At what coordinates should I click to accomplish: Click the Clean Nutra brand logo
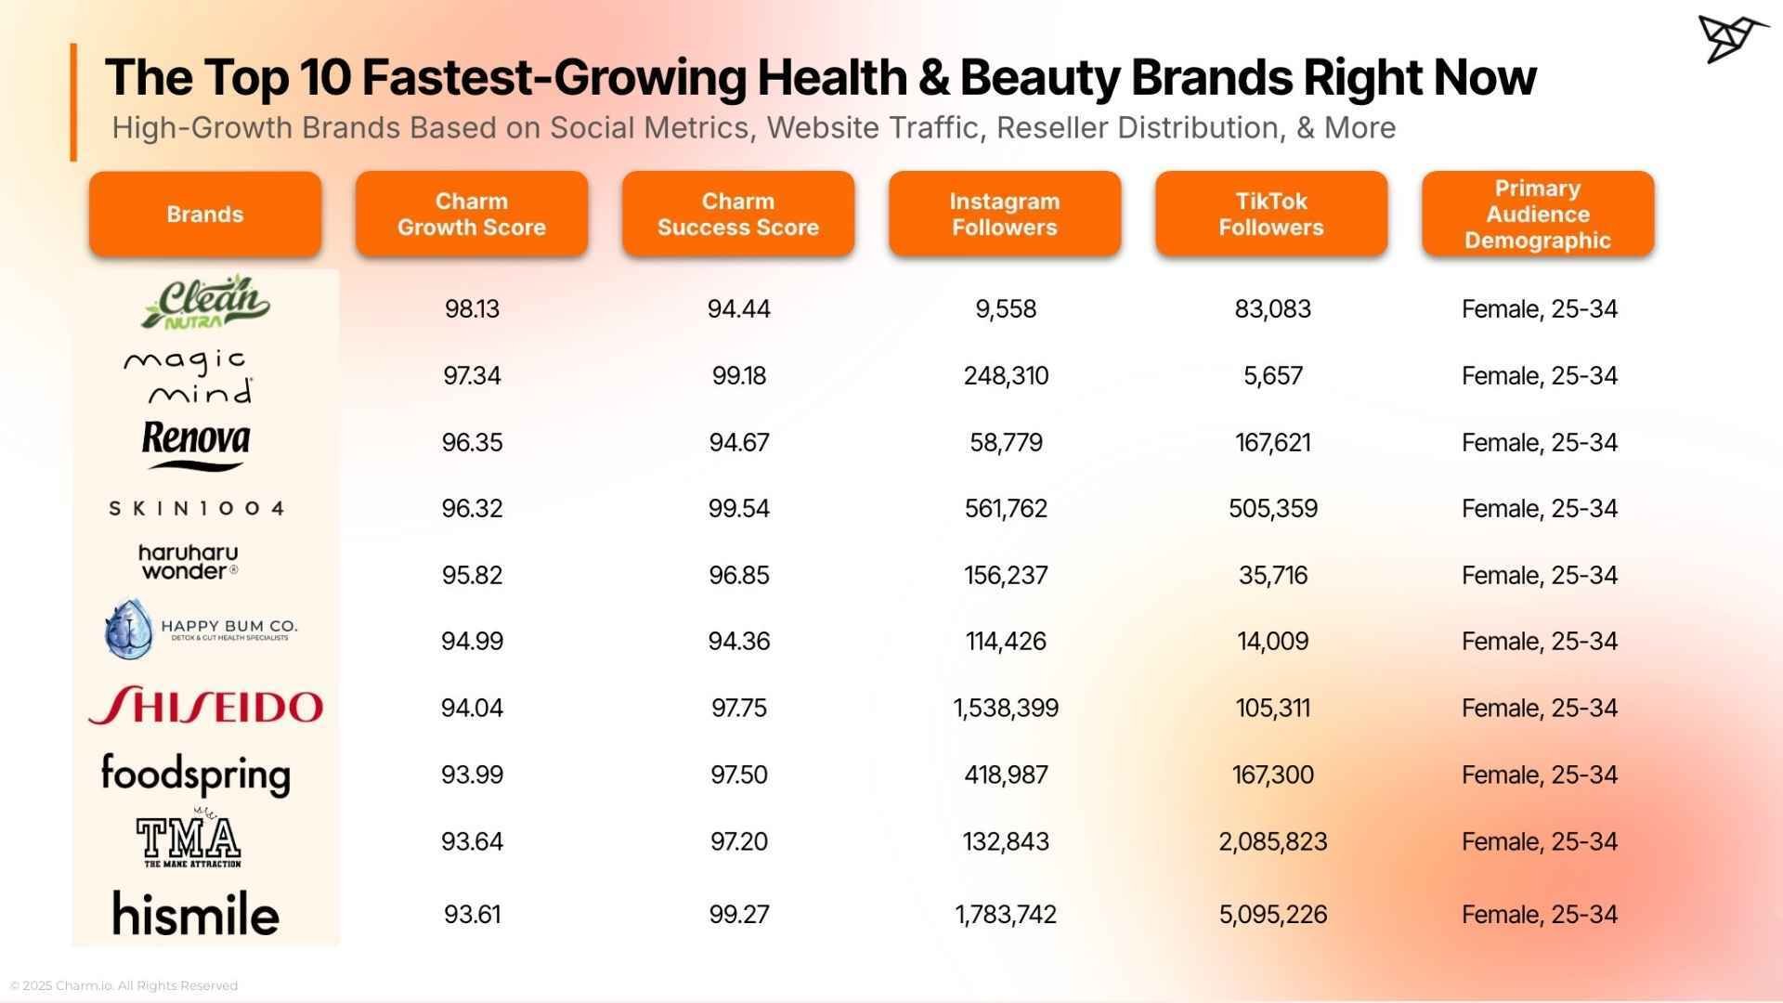point(205,303)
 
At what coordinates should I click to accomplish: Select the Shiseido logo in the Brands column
point(205,707)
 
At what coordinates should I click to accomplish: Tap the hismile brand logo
point(196,913)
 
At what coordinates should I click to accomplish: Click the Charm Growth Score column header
point(472,214)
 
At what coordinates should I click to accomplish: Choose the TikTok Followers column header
point(1271,214)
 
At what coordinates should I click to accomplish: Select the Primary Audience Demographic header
point(1538,214)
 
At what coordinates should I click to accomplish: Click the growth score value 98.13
point(472,309)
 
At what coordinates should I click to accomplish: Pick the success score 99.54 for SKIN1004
point(738,509)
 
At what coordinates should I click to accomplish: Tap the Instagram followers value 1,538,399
point(1006,709)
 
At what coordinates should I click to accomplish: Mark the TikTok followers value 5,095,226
point(1272,915)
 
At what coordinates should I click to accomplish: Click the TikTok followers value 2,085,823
point(1272,841)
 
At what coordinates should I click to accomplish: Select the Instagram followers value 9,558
point(1006,309)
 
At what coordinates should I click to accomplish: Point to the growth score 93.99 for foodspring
point(472,775)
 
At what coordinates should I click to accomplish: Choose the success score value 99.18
point(738,376)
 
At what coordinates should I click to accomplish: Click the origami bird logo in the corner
point(1732,39)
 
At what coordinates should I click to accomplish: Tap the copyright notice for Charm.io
point(124,985)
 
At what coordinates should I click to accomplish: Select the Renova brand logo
point(196,444)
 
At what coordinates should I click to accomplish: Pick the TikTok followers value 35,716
point(1272,576)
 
